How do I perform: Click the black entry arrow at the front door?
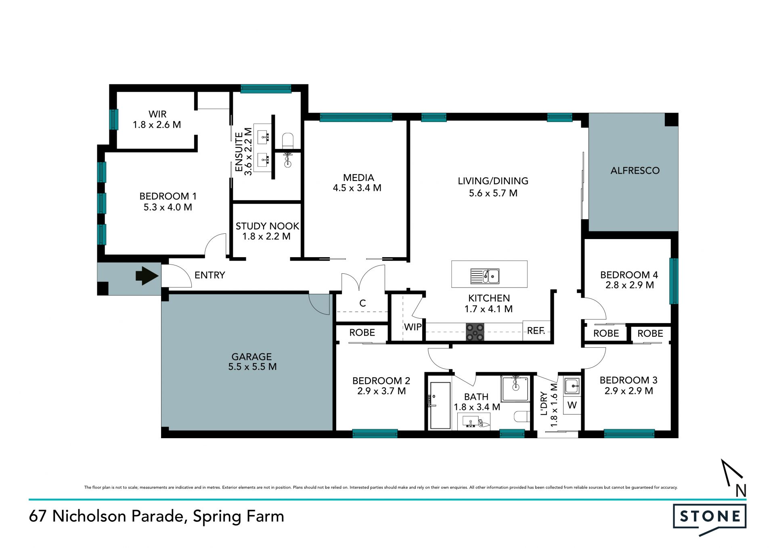click(147, 276)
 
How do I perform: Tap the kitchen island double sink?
click(485, 276)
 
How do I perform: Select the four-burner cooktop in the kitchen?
click(475, 332)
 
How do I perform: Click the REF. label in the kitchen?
click(536, 331)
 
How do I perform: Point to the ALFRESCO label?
click(635, 170)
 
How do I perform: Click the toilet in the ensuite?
click(287, 141)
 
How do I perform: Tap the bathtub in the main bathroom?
click(440, 405)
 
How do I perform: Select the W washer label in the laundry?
click(572, 405)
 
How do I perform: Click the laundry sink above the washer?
click(572, 386)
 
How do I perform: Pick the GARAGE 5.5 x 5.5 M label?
click(252, 361)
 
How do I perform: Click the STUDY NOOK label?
click(267, 226)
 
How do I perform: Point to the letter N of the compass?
click(741, 491)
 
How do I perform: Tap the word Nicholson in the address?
click(89, 516)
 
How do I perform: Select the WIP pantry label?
click(413, 327)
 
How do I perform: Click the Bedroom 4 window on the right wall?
click(674, 281)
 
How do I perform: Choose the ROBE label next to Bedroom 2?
click(362, 332)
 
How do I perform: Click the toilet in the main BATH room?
click(522, 416)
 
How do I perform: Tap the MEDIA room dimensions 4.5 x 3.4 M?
click(357, 188)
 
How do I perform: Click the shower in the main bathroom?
click(515, 388)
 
